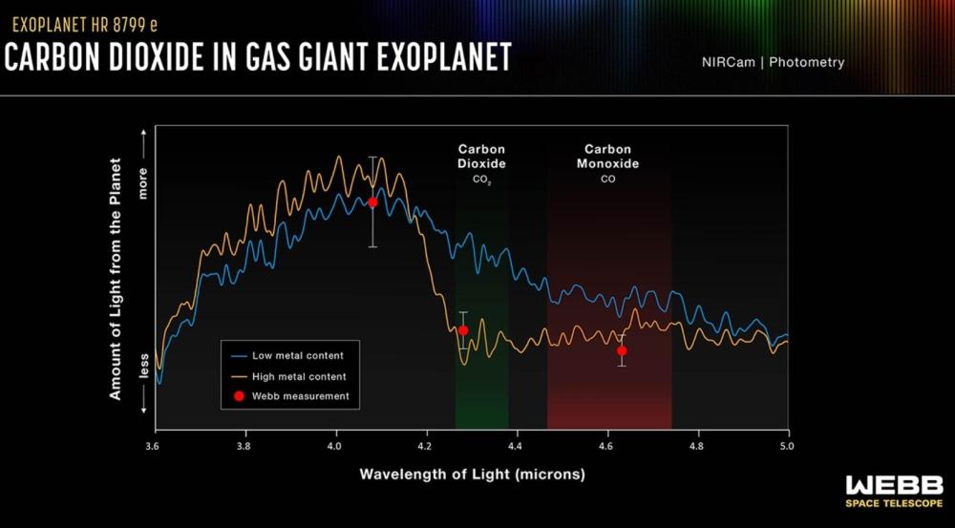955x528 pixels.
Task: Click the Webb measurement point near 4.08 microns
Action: (372, 202)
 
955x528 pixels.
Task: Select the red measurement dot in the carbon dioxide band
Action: (463, 330)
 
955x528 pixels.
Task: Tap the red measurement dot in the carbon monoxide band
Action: (622, 350)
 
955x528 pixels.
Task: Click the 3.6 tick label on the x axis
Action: (153, 446)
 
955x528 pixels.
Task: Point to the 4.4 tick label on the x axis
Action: (516, 446)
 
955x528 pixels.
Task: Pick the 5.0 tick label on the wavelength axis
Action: (788, 446)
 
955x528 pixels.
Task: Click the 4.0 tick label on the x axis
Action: (334, 446)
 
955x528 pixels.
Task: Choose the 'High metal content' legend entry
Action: (291, 376)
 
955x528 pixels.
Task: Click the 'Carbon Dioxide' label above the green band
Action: (481, 157)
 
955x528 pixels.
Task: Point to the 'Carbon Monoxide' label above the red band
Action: (608, 157)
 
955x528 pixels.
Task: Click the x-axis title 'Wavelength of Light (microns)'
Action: (472, 474)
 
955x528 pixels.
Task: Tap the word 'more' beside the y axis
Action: (144, 183)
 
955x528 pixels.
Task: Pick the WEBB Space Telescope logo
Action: (894, 491)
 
